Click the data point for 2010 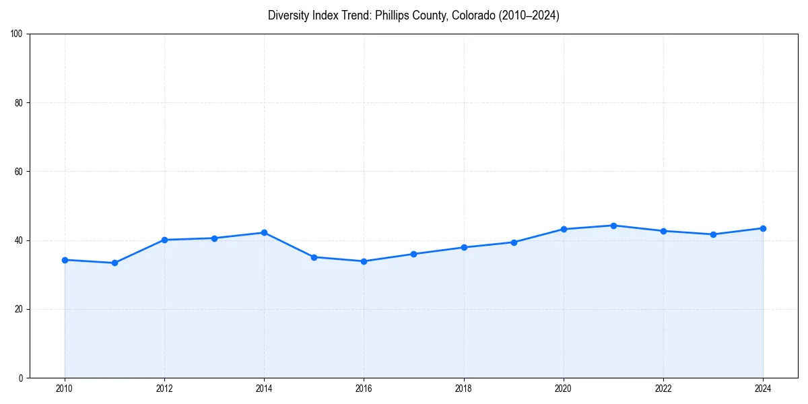click(65, 260)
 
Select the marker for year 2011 click(114, 263)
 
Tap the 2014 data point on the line click(264, 232)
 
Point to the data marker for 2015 click(314, 257)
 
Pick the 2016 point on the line click(364, 261)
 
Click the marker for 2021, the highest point click(613, 226)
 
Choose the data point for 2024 click(763, 228)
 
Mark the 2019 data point click(514, 242)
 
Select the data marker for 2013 click(214, 238)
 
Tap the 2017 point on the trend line click(413, 254)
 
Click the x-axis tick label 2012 click(164, 388)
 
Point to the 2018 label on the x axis click(463, 388)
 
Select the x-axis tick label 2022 click(663, 388)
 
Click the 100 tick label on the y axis click(17, 34)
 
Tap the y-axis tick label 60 click(19, 172)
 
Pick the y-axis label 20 click(19, 309)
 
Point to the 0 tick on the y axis click(21, 378)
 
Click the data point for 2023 click(713, 234)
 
